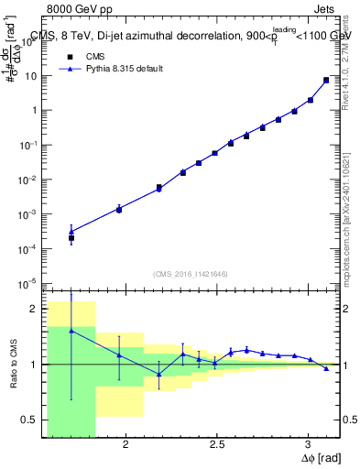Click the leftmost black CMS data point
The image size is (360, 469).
71,238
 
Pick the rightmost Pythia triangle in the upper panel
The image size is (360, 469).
326,80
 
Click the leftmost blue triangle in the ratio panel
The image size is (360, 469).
71,331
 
